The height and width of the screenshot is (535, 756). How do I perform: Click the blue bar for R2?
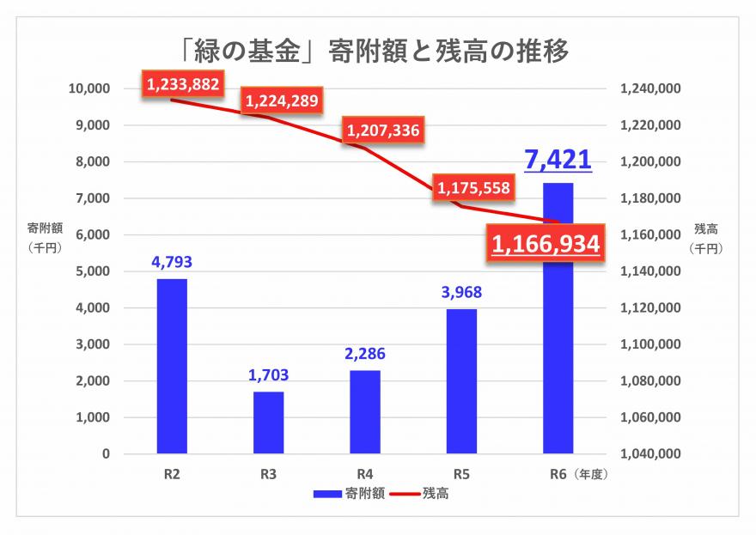click(172, 366)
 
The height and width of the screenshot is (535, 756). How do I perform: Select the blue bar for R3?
click(268, 423)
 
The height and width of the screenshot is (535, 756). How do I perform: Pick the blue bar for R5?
click(461, 380)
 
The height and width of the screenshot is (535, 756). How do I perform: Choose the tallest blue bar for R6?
click(558, 318)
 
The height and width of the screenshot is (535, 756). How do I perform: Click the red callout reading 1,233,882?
click(183, 84)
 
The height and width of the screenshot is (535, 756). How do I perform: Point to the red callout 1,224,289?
click(282, 101)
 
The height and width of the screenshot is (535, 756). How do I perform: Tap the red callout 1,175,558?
click(473, 187)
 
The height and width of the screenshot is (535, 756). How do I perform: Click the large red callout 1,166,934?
click(545, 245)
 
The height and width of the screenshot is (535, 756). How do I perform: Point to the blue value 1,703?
click(268, 374)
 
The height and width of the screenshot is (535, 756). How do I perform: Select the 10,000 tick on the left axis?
click(89, 88)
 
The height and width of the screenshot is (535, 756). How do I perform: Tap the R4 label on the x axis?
click(364, 473)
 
